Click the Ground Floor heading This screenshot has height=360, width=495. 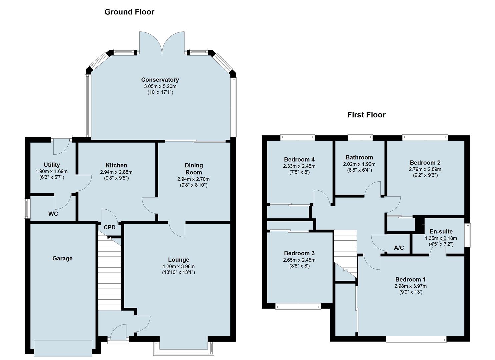pos(129,12)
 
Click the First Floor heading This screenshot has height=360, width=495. pos(366,115)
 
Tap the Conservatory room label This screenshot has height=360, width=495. pos(160,80)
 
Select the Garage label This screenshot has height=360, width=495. pos(62,258)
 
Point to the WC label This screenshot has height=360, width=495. pos(53,214)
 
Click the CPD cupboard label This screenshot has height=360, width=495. pos(110,227)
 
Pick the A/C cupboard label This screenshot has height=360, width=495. pos(399,248)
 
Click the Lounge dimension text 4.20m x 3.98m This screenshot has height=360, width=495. pos(179,267)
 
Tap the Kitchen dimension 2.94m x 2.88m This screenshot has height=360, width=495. pos(116,172)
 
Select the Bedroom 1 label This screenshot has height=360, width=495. pos(410,279)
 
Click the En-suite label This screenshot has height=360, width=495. pos(441,231)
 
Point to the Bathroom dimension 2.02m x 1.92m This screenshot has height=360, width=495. pos(359,164)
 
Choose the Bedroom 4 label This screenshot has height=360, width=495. pos(299,159)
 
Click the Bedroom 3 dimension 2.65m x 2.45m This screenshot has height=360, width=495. pos(299,260)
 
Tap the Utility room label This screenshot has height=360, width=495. pos(52,165)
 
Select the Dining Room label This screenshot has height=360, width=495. pos(194,169)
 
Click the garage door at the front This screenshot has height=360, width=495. pos(63,349)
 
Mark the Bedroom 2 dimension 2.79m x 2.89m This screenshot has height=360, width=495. pos(425,170)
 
